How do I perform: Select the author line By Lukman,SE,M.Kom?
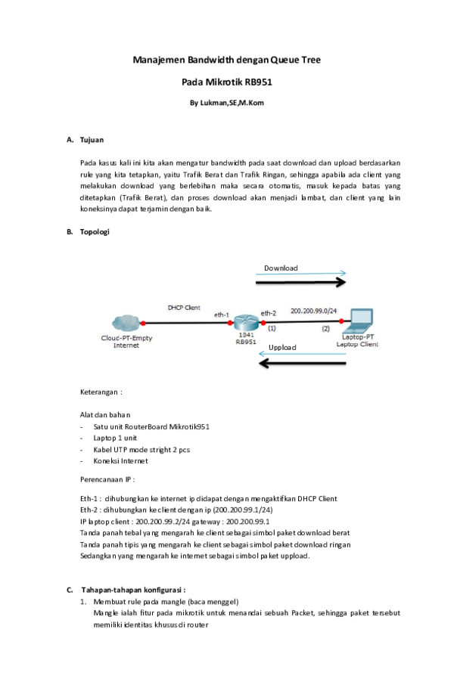pos(226,102)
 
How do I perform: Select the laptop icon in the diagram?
pos(359,319)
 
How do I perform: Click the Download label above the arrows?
pos(281,268)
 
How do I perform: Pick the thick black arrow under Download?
pos(301,283)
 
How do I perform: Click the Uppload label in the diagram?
pos(283,348)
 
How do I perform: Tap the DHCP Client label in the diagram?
pos(184,308)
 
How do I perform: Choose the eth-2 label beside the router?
pos(269,312)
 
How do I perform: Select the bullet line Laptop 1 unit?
pos(115,438)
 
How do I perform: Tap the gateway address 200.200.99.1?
pos(249,522)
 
